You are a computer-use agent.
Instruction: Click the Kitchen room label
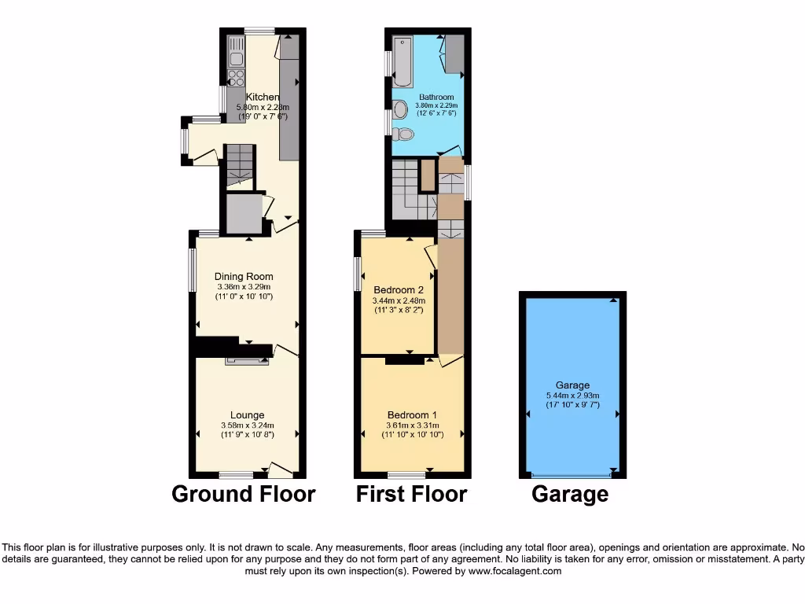pyautogui.click(x=263, y=98)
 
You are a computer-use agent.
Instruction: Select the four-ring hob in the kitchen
pyautogui.click(x=235, y=77)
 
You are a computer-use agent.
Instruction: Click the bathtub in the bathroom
pyautogui.click(x=402, y=61)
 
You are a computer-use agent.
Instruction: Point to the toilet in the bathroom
pyautogui.click(x=403, y=134)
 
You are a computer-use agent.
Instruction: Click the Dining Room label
pyautogui.click(x=244, y=276)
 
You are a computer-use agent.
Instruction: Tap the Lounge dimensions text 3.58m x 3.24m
pyautogui.click(x=247, y=426)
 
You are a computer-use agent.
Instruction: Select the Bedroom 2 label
pyautogui.click(x=399, y=289)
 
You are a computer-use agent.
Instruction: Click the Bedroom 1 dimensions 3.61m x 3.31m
pyautogui.click(x=412, y=425)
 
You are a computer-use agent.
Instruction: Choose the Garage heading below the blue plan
pyautogui.click(x=570, y=495)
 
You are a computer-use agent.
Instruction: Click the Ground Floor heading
pyautogui.click(x=244, y=495)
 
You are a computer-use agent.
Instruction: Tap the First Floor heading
pyautogui.click(x=411, y=495)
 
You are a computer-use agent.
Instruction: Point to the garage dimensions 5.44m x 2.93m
pyautogui.click(x=573, y=396)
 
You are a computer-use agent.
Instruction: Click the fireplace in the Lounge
pyautogui.click(x=247, y=362)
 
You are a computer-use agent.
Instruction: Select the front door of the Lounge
pyautogui.click(x=280, y=470)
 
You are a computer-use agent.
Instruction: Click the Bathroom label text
pyautogui.click(x=436, y=98)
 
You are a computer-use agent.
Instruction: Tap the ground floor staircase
pyautogui.click(x=238, y=167)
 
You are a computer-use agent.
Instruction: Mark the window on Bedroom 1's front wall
pyautogui.click(x=406, y=475)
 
